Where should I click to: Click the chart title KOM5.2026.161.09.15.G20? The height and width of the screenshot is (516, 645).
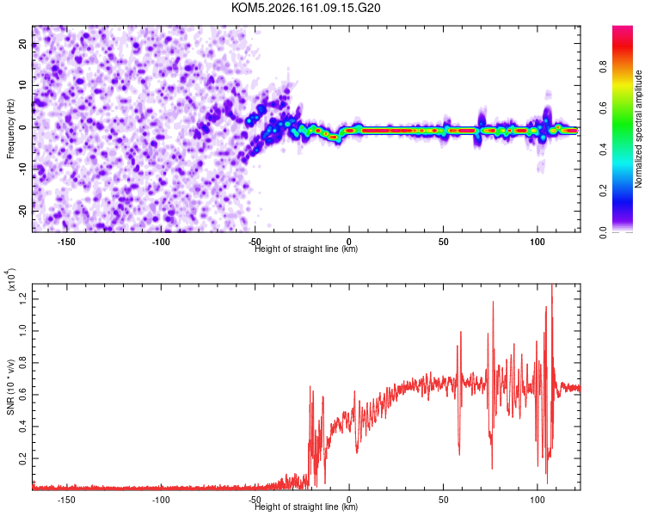point(305,8)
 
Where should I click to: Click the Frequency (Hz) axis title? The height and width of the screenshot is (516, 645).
point(10,129)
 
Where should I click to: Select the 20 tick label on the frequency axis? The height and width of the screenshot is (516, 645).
point(22,44)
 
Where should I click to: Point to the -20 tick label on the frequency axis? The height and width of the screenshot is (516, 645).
point(22,211)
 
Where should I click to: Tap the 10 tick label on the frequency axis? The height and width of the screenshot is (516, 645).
point(22,85)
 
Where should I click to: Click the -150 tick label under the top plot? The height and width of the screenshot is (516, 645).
point(66,242)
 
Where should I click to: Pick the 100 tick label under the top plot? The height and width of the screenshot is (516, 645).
point(537,242)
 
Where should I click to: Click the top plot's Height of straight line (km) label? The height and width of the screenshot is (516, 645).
point(306,249)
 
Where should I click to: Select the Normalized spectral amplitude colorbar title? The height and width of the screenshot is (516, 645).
point(638,129)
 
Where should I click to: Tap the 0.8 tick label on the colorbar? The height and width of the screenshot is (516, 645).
point(603,66)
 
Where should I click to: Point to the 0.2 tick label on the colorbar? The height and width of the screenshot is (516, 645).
point(603,191)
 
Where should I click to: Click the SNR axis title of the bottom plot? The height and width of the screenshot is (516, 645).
point(10,387)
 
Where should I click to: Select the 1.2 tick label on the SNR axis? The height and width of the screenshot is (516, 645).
point(22,299)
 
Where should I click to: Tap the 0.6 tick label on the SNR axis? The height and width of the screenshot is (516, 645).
point(22,395)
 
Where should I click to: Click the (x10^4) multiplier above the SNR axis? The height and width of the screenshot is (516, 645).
point(10,279)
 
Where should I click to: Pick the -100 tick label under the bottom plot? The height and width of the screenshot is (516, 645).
point(161,500)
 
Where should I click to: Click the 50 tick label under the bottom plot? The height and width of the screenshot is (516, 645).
point(443,500)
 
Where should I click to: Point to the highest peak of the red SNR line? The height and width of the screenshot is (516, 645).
point(551,285)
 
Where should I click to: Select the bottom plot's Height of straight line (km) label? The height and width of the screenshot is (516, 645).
point(306,507)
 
